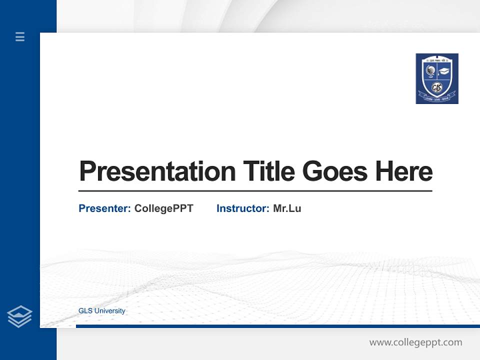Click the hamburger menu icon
[x=20, y=36]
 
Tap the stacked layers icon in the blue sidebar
[x=19, y=316]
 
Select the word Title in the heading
[x=268, y=171]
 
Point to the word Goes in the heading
[x=335, y=171]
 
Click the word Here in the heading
[x=404, y=171]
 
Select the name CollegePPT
[x=163, y=208]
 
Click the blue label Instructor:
[x=243, y=208]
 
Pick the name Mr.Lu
[x=287, y=208]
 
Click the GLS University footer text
[x=102, y=311]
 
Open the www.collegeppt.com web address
[x=415, y=342]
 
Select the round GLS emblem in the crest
[x=437, y=87]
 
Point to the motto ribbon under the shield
[x=437, y=98]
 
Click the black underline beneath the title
[x=255, y=191]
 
